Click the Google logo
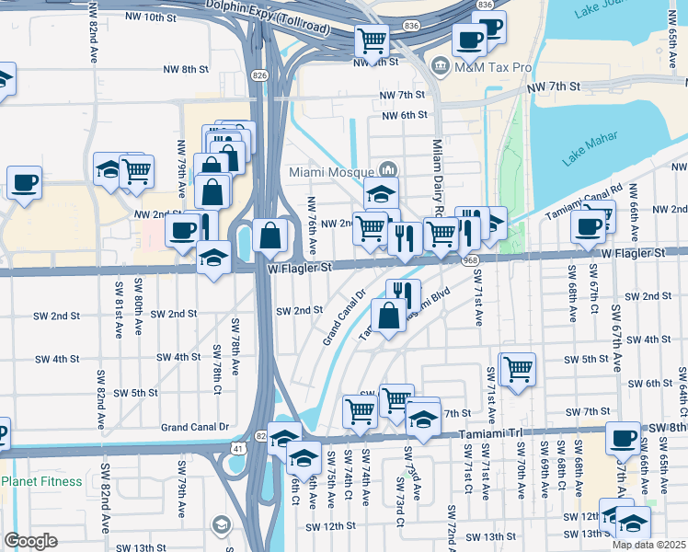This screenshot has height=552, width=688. click(30, 540)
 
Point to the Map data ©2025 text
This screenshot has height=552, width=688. click(648, 545)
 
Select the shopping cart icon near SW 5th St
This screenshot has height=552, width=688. click(518, 369)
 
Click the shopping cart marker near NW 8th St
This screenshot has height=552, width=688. click(372, 40)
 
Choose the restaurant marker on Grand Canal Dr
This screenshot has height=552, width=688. click(402, 293)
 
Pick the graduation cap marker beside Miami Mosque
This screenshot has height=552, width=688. click(381, 193)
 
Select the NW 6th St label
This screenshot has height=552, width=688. click(405, 115)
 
